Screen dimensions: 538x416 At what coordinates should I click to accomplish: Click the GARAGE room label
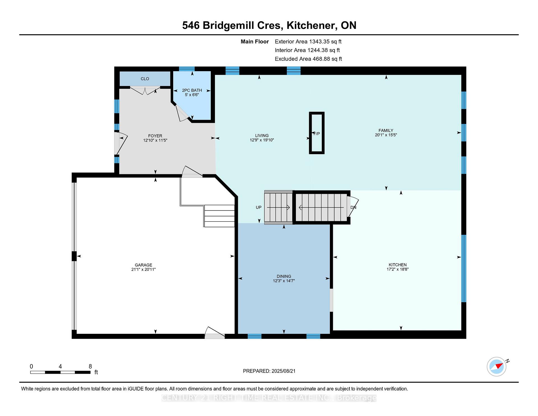[x=143, y=265]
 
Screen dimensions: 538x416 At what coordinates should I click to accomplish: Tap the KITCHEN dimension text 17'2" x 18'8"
[x=397, y=269]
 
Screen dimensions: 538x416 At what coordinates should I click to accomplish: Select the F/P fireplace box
[x=317, y=133]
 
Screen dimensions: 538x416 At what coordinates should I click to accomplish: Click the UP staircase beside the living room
[x=279, y=207]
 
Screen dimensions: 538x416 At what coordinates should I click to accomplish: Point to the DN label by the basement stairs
[x=353, y=207]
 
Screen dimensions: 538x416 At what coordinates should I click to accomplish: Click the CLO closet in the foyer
[x=145, y=79]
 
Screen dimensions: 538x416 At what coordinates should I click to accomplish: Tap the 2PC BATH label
[x=192, y=90]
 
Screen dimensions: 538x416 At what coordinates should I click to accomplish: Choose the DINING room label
[x=284, y=276]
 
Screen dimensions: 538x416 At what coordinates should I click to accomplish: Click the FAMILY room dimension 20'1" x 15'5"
[x=386, y=135]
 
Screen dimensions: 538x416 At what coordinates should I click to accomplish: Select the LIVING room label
[x=262, y=135]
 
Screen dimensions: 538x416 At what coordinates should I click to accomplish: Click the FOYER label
[x=155, y=136]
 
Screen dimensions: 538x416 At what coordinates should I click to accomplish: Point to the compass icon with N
[x=497, y=366]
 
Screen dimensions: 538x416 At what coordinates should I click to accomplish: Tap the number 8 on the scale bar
[x=90, y=366]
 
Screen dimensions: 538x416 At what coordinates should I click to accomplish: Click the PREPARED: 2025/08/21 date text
[x=269, y=371]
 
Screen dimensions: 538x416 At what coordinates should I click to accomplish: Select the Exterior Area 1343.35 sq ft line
[x=308, y=42]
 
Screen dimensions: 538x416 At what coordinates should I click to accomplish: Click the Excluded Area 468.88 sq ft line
[x=308, y=59]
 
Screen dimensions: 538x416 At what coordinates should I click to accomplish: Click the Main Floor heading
[x=255, y=42]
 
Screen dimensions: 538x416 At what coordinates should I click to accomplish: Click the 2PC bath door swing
[x=182, y=113]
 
